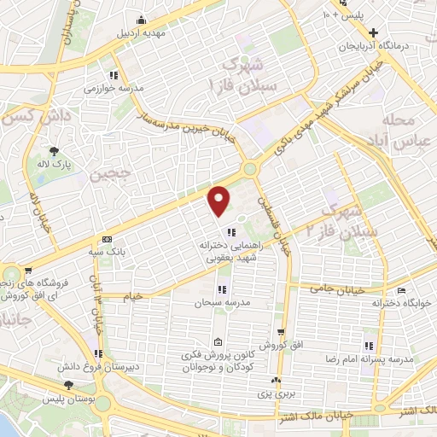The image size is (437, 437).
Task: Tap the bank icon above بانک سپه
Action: pyautogui.click(x=106, y=240)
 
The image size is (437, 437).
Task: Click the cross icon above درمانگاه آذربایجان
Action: pyautogui.click(x=398, y=32)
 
